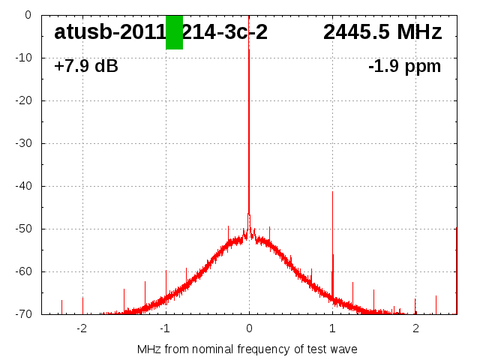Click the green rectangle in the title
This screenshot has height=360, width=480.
[x=174, y=32]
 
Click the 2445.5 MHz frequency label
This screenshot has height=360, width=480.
[x=382, y=32]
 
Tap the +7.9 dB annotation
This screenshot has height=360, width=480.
[x=85, y=67]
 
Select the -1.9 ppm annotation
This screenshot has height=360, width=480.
[x=404, y=67]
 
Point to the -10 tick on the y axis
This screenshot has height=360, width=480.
[x=25, y=58]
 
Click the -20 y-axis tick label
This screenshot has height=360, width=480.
[x=25, y=100]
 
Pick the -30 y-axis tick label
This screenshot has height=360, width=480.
[x=25, y=143]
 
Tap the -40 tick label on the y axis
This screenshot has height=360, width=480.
[x=25, y=186]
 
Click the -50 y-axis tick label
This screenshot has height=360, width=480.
[x=25, y=229]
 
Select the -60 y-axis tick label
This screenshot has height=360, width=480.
[x=25, y=271]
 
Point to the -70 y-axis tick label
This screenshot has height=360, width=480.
[x=25, y=314]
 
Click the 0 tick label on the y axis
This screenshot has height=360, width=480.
[x=28, y=15]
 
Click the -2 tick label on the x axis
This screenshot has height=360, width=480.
[x=81, y=328]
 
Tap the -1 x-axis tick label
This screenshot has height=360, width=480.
[x=164, y=328]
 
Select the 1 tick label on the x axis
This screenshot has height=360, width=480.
[x=332, y=328]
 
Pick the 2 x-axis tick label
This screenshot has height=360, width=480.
[x=415, y=328]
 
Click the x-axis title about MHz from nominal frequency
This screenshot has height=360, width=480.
[x=247, y=349]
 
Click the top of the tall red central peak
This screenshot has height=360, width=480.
[x=249, y=50]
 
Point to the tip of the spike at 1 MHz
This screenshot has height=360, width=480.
[x=332, y=192]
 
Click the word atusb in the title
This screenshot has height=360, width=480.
[x=82, y=32]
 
